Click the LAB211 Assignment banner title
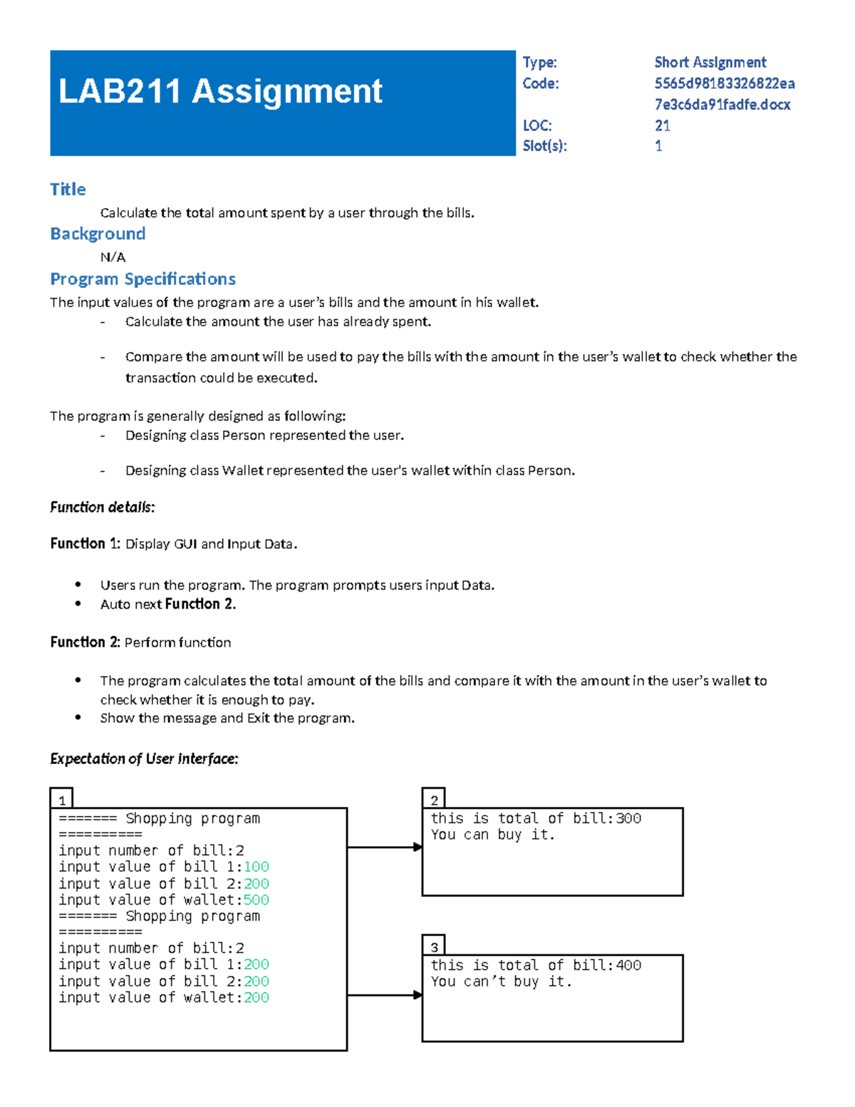[x=220, y=91]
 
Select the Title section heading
[x=68, y=189]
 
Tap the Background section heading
[x=98, y=234]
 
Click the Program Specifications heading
[x=142, y=279]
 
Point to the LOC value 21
[x=662, y=125]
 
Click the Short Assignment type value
[x=710, y=63]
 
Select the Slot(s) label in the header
[x=544, y=146]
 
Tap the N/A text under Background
[x=113, y=257]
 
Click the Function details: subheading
[x=102, y=507]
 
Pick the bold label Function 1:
[x=85, y=543]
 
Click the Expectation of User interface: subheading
[x=143, y=758]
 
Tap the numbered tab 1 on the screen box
[x=62, y=800]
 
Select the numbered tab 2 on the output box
[x=434, y=800]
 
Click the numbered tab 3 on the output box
[x=434, y=947]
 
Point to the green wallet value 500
[x=256, y=900]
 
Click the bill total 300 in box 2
[x=628, y=818]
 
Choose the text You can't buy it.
[x=501, y=982]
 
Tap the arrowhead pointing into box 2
[x=418, y=847]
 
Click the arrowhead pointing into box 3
[x=418, y=994]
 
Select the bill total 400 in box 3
[x=628, y=965]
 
